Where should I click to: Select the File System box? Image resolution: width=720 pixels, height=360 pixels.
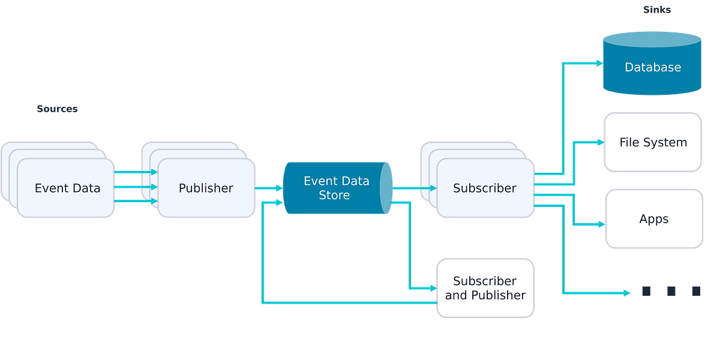click(653, 143)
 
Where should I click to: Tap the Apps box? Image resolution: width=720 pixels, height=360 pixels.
click(653, 219)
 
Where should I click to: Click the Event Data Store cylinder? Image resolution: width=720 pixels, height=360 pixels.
click(336, 188)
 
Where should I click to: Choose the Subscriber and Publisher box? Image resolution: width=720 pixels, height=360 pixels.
click(485, 288)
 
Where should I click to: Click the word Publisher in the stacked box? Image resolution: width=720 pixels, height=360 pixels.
click(206, 188)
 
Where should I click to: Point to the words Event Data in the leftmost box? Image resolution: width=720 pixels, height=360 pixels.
click(67, 188)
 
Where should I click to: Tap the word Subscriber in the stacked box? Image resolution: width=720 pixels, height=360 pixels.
click(484, 188)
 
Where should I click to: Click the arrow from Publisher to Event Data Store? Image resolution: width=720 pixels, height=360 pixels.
click(269, 188)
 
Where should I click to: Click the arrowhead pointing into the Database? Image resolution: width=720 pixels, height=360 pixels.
click(598, 63)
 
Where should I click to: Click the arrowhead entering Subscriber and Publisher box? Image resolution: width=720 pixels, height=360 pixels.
click(431, 288)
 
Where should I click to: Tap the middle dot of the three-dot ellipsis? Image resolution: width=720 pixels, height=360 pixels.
click(671, 291)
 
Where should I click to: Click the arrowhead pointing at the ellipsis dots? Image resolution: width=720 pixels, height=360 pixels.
click(627, 293)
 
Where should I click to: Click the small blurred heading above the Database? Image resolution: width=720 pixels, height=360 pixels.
click(657, 10)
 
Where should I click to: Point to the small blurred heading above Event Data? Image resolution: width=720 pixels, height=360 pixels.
click(57, 109)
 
